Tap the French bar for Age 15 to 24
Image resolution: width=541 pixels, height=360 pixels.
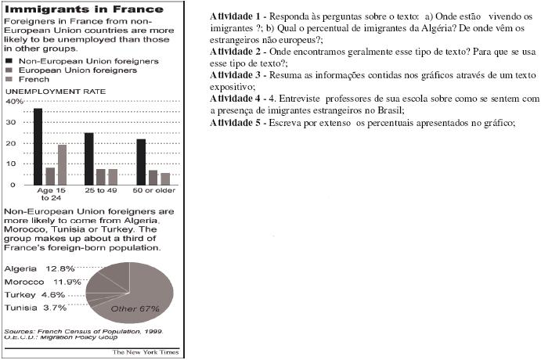63,164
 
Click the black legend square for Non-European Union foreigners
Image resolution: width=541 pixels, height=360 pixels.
9,59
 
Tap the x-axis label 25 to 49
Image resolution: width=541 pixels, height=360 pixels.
100,191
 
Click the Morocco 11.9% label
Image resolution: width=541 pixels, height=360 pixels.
42,282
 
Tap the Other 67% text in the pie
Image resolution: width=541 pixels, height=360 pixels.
135,308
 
